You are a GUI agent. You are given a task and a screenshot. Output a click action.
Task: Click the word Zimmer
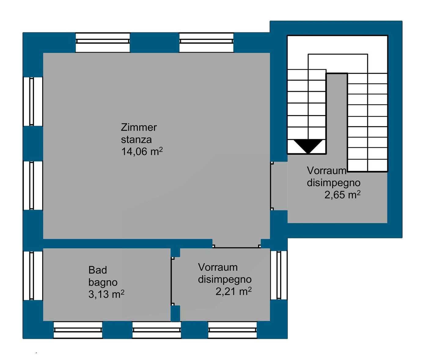(139, 127)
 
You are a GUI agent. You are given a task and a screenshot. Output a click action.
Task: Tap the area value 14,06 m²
(142, 151)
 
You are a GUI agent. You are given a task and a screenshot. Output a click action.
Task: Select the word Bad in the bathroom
(97, 270)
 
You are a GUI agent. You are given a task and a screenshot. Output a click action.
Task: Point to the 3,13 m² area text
(106, 294)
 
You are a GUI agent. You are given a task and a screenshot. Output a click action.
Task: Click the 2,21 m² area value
(233, 291)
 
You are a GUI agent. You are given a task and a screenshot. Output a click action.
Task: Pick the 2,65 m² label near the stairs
(342, 195)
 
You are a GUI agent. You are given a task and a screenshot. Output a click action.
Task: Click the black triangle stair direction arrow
(308, 146)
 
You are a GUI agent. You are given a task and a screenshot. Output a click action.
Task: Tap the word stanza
(136, 139)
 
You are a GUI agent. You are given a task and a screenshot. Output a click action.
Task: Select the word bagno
(103, 282)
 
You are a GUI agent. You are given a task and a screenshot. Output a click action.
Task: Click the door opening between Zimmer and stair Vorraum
(279, 186)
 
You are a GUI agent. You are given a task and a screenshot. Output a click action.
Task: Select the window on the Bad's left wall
(33, 276)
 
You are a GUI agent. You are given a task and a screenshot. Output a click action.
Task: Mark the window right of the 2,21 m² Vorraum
(279, 275)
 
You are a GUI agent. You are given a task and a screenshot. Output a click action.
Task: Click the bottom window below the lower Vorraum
(233, 330)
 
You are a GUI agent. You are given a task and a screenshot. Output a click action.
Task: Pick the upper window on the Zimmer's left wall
(33, 101)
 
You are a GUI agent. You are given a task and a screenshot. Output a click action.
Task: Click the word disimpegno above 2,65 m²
(333, 183)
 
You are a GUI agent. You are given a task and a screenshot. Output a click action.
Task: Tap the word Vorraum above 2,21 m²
(218, 267)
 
